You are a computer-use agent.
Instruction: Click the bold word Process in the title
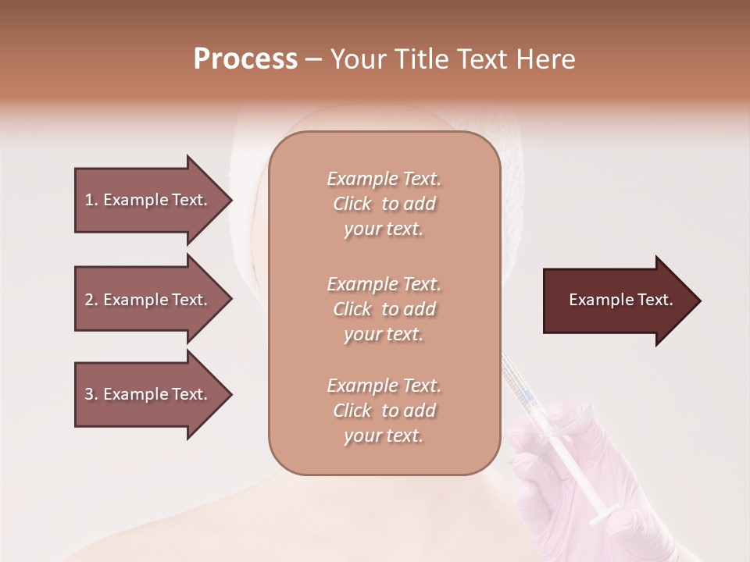(x=245, y=59)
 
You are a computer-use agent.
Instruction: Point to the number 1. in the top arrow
(x=91, y=200)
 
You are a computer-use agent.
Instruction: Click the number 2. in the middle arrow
(x=91, y=300)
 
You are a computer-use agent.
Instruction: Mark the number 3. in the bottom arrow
(x=91, y=394)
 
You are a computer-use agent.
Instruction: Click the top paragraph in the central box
(x=384, y=204)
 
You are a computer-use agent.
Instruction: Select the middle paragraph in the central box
(x=384, y=309)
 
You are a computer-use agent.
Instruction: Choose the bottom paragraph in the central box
(x=384, y=411)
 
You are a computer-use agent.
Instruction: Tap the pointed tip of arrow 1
(x=230, y=200)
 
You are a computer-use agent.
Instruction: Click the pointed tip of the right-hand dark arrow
(x=698, y=300)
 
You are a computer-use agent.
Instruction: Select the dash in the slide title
(x=313, y=59)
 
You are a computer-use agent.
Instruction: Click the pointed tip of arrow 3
(x=230, y=394)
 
